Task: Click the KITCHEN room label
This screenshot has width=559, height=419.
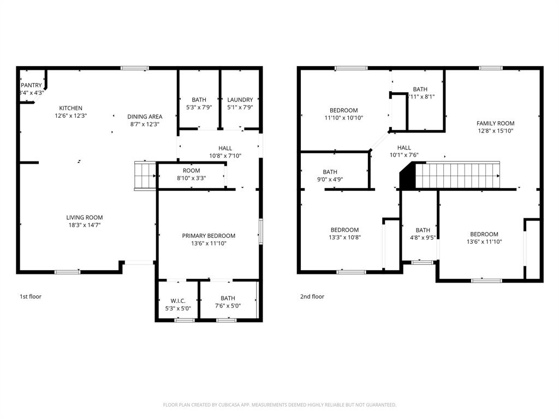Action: [x=71, y=108]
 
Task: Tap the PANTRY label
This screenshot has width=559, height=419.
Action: [x=31, y=86]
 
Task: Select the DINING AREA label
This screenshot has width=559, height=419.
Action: [x=145, y=117]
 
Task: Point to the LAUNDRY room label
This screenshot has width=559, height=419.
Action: [x=240, y=100]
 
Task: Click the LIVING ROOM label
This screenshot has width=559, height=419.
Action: [x=85, y=218]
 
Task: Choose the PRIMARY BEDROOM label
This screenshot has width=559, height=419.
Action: [x=209, y=236]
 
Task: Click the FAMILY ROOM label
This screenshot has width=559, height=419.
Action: [x=495, y=123]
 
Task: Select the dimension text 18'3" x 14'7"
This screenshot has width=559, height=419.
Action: [x=85, y=225]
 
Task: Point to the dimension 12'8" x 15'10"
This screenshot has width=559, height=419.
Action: [x=495, y=131]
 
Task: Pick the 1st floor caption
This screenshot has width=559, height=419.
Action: [x=31, y=297]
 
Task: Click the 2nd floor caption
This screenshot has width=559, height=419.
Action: [x=312, y=297]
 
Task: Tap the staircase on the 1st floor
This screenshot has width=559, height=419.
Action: [x=145, y=175]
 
